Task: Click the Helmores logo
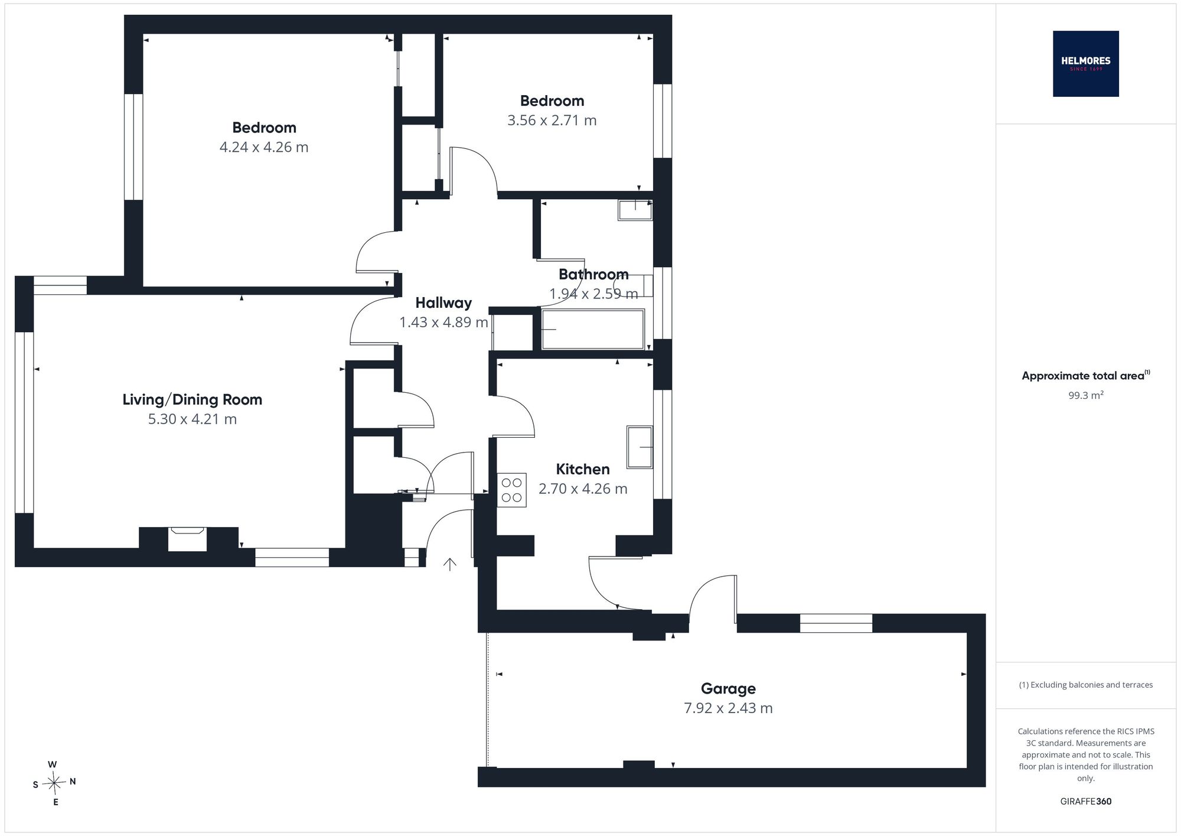pos(1085,64)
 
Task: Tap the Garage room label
pos(728,688)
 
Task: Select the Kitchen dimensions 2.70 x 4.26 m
pos(583,489)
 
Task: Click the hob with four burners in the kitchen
pos(512,490)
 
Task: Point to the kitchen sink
pos(640,447)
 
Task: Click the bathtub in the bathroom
pos(593,329)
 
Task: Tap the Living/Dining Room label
pos(192,399)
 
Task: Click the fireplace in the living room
pos(187,539)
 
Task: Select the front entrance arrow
pos(450,564)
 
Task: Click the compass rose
pos(54,783)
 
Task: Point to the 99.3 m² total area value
pos(1085,395)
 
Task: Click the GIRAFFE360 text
pos(1085,802)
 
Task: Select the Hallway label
pos(443,303)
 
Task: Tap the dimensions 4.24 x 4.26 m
pos(264,147)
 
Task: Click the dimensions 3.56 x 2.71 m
pos(552,121)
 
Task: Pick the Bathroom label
pos(593,274)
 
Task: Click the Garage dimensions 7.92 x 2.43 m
pos(728,708)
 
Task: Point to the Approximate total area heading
pos(1085,376)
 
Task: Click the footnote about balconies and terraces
pos(1085,685)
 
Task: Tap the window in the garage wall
pos(836,623)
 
